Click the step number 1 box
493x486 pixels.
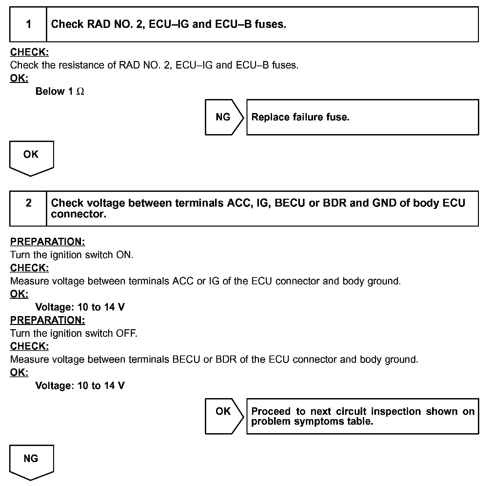28,24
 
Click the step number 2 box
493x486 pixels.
28,208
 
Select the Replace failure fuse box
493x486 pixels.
362,117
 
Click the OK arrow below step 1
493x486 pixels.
31,158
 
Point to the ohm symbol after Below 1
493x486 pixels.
80,91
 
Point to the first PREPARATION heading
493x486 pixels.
48,242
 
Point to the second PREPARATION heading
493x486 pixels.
48,320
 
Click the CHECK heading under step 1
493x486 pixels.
30,52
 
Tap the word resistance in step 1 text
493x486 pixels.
82,65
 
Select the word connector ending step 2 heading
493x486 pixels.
78,214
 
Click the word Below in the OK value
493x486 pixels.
50,91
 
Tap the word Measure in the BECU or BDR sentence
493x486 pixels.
29,359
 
